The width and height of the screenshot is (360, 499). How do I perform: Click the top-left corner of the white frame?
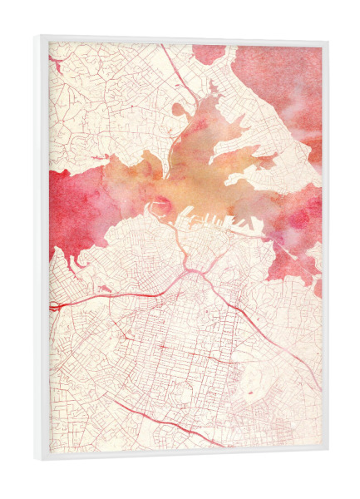click(x=37, y=36)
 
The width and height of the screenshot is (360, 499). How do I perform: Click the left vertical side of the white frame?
click(x=42, y=249)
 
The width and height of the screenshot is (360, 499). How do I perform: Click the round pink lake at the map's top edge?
click(x=208, y=52)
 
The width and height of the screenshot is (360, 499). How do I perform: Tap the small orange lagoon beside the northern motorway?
click(x=180, y=109)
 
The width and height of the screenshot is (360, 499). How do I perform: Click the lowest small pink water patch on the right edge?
click(x=317, y=288)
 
